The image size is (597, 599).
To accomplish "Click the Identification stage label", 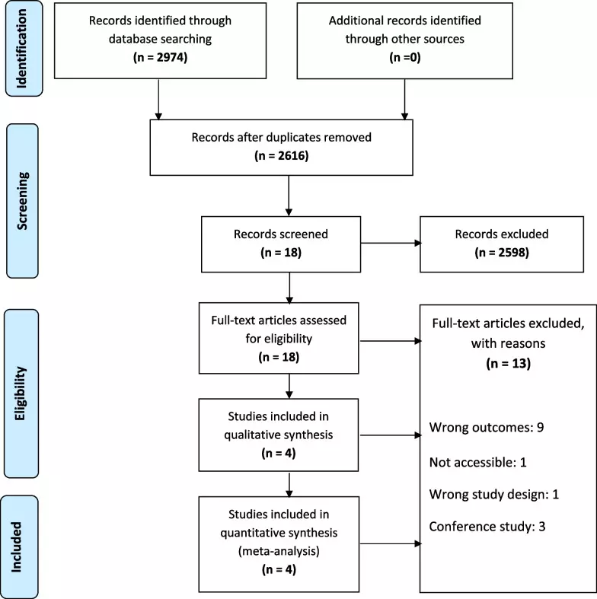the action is pos(22,49).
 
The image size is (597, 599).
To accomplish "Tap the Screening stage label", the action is pos(22,201).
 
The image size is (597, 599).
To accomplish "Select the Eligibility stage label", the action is pos(21,393).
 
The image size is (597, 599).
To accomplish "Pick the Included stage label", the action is pos(17,547).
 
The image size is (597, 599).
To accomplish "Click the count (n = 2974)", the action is pos(160,57).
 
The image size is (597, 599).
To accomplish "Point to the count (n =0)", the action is pos(405,57).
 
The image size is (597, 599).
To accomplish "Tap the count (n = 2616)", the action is pos(281,155).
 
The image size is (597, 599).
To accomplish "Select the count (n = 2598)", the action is pos(502,253).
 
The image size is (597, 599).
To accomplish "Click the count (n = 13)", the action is pos(509,363).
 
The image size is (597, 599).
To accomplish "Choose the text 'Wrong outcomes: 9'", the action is pos(487,427).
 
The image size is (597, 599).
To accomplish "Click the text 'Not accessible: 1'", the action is pos(477,462).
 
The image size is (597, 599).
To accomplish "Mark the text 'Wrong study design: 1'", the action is pos(493,494).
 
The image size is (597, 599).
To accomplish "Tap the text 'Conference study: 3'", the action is pos(487,527).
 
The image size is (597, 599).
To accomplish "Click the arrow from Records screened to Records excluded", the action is pos(391,243).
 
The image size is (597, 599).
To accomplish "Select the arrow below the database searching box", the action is pos(158,99).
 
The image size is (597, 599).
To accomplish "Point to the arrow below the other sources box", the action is pos(405,99).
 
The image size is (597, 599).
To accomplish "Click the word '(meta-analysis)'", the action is pos(279,551).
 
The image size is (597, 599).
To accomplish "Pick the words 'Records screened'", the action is pos(281,234).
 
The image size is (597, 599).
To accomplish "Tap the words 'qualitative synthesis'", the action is pos(279,435).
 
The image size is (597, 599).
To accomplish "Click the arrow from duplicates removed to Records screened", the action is pos(289,196).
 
